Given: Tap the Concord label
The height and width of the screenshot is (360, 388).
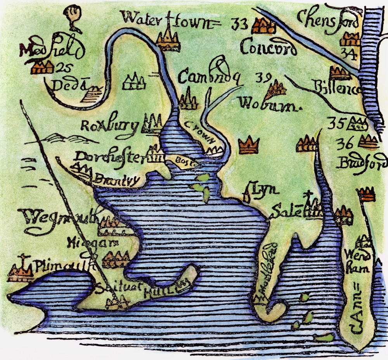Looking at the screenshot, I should click(268, 49).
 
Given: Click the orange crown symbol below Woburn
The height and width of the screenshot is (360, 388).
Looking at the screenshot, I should click(249, 146).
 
